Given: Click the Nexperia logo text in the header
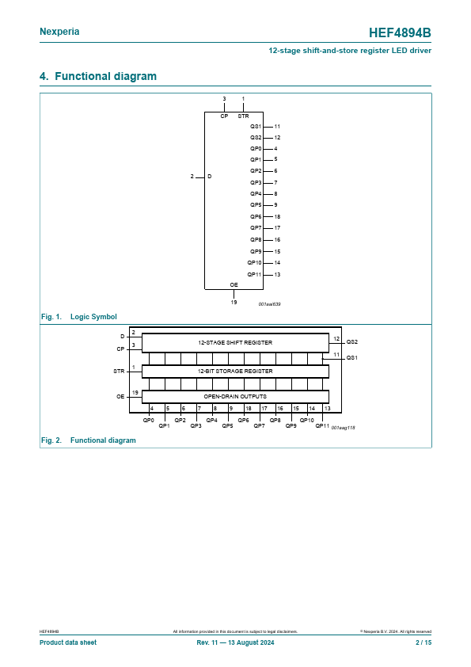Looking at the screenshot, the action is [59, 32].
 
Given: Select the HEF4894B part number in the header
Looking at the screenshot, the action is [400, 32].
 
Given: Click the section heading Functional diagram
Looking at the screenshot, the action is [105, 76].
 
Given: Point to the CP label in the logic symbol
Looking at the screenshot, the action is [224, 116].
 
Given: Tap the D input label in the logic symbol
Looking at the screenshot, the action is [209, 176].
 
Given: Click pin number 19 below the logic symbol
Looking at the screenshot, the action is [234, 302].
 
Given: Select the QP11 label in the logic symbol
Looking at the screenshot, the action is [254, 274].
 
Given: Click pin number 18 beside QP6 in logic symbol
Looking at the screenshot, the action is [277, 216].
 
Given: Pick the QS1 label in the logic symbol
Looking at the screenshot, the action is [256, 126].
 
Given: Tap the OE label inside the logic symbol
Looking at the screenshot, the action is [234, 284].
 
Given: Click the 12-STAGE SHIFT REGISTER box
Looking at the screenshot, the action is [235, 343].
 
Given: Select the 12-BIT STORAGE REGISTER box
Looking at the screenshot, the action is [235, 372].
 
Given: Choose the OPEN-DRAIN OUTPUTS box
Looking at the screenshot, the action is [235, 396].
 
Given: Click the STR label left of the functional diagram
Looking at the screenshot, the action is [119, 372].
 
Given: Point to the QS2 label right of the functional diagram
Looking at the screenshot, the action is [352, 341].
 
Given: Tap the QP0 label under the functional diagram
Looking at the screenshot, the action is [148, 421].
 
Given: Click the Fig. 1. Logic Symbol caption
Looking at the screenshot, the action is [78, 317].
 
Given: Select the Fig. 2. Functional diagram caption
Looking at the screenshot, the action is [89, 440].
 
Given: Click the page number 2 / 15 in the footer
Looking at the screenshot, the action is [424, 642].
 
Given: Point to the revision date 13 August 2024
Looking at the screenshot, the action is [251, 642].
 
